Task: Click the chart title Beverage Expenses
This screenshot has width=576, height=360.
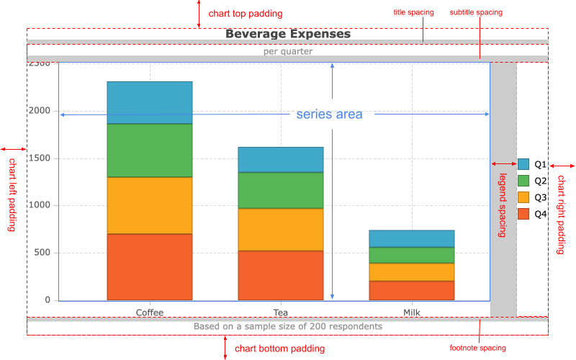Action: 287,34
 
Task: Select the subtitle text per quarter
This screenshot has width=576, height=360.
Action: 287,52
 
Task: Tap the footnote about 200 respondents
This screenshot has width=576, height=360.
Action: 287,326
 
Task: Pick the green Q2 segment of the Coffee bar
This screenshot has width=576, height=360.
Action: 150,150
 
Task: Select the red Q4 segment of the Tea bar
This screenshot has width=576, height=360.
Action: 281,275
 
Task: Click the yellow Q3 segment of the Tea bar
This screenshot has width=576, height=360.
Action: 281,229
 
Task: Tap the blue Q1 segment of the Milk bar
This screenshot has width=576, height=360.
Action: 412,238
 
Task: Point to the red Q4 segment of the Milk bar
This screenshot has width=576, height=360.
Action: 412,290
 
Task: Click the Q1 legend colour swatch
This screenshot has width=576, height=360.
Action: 523,164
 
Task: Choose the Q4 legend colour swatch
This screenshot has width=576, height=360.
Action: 523,214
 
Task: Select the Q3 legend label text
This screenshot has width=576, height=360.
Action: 541,197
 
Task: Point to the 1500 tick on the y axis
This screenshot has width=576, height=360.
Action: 40,158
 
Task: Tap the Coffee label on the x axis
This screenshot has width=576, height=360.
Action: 150,312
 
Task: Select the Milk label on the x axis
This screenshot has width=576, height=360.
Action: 412,312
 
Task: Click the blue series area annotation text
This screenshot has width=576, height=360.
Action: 329,114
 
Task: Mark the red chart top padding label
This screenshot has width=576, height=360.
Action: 245,14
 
